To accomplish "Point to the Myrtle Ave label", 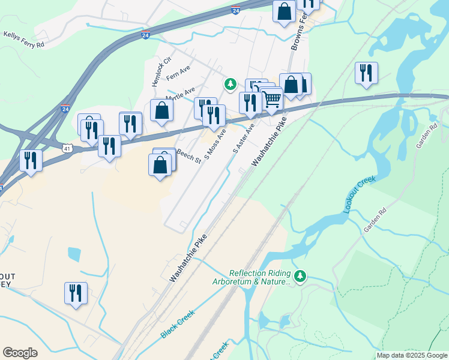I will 180,94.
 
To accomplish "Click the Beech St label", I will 188,156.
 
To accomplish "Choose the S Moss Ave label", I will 214,143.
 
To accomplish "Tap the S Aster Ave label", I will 244,139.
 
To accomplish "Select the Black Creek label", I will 178,324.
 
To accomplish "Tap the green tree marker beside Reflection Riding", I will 300,276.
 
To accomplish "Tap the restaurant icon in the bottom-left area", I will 76,293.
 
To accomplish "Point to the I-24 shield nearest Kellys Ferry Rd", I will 145,36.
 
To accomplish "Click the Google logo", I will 20,353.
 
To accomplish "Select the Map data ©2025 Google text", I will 412,355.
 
